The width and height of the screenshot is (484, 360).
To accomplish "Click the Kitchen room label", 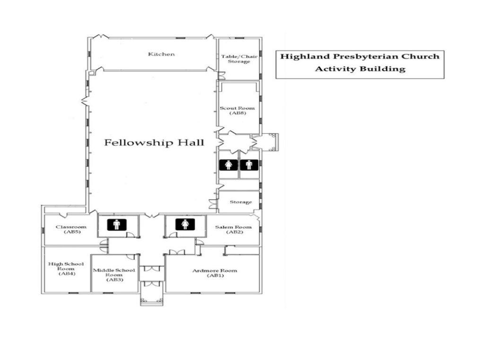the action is [162, 54].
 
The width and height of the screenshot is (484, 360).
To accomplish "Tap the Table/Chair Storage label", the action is [239, 59].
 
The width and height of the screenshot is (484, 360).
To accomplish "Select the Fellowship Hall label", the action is [154, 142].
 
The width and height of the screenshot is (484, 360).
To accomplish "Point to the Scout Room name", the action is [237, 108].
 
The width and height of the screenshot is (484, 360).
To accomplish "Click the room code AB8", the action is [238, 113].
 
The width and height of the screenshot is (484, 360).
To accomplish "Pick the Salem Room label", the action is [233, 227].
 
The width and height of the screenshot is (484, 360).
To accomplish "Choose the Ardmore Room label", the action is [215, 271].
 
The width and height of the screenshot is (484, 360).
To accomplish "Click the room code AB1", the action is [215, 276].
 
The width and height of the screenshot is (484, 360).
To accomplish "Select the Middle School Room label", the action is [114, 272].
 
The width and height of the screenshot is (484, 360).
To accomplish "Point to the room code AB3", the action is [115, 280].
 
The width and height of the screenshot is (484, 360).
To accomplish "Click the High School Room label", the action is [66, 266].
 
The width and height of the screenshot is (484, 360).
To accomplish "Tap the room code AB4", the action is [67, 273].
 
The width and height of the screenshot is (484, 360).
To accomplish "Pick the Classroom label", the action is [71, 227].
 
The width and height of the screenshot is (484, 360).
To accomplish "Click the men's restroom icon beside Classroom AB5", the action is [117, 224].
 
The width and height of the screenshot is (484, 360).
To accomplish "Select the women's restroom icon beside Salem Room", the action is [185, 224].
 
